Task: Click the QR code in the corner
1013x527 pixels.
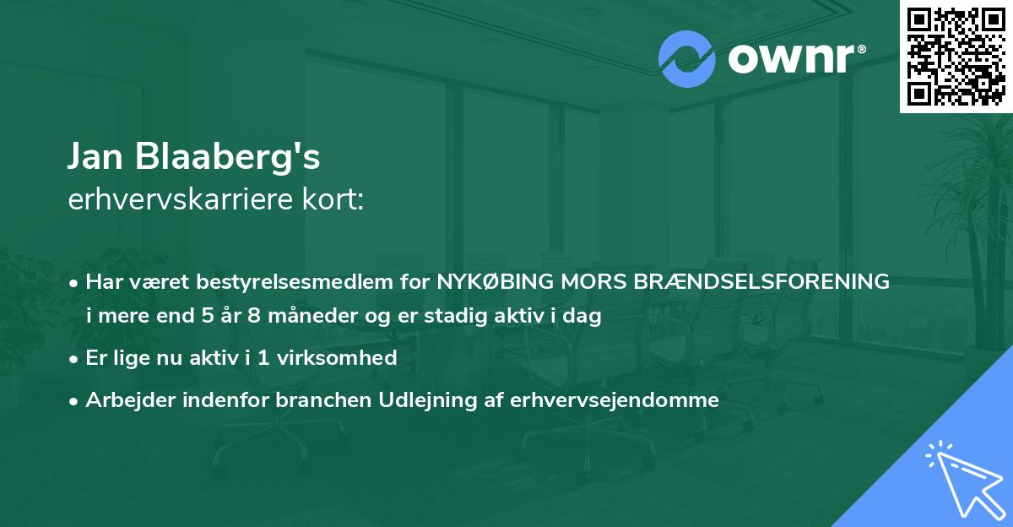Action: click(956, 57)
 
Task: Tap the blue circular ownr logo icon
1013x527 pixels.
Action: click(687, 58)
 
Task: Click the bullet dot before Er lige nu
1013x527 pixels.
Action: click(75, 359)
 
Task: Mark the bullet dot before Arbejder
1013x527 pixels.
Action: click(75, 401)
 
